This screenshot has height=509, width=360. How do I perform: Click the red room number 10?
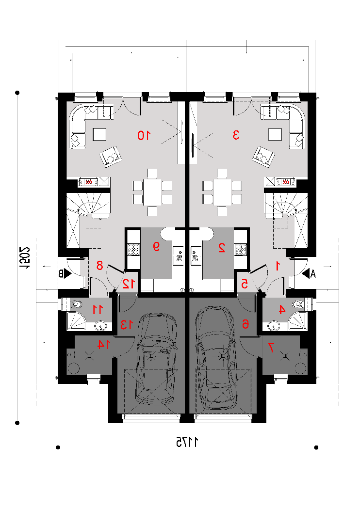click(x=144, y=135)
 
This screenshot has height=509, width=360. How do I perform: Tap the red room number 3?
click(x=236, y=135)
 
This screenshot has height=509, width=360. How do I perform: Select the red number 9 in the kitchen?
click(x=156, y=247)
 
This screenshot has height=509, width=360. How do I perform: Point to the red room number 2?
click(x=222, y=248)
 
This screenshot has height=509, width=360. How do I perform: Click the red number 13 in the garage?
click(x=127, y=324)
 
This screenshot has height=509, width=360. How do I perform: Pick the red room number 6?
click(x=245, y=324)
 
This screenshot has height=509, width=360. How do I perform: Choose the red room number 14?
click(x=104, y=345)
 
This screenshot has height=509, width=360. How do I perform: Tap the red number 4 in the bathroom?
click(x=282, y=310)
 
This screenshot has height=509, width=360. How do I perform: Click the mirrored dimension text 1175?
click(x=187, y=442)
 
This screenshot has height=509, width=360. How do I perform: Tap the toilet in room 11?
click(x=76, y=304)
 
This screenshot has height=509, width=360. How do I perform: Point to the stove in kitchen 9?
click(x=133, y=249)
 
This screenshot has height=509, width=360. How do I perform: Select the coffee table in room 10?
click(x=99, y=134)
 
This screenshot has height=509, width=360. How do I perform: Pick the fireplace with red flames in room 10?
click(x=88, y=182)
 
